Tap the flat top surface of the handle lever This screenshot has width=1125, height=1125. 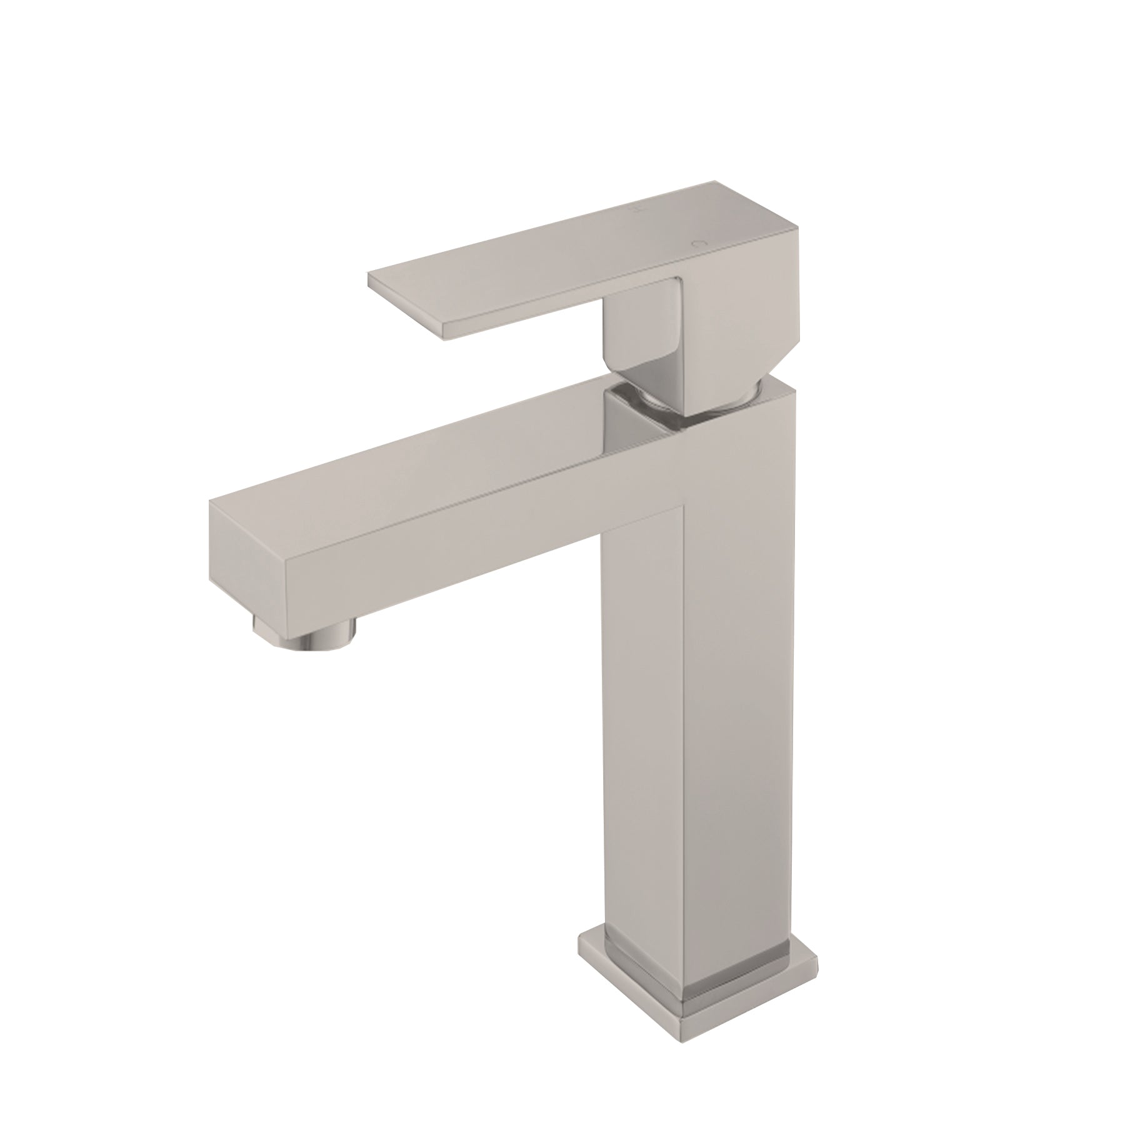[562, 244]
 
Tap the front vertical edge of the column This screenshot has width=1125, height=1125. [684, 687]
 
